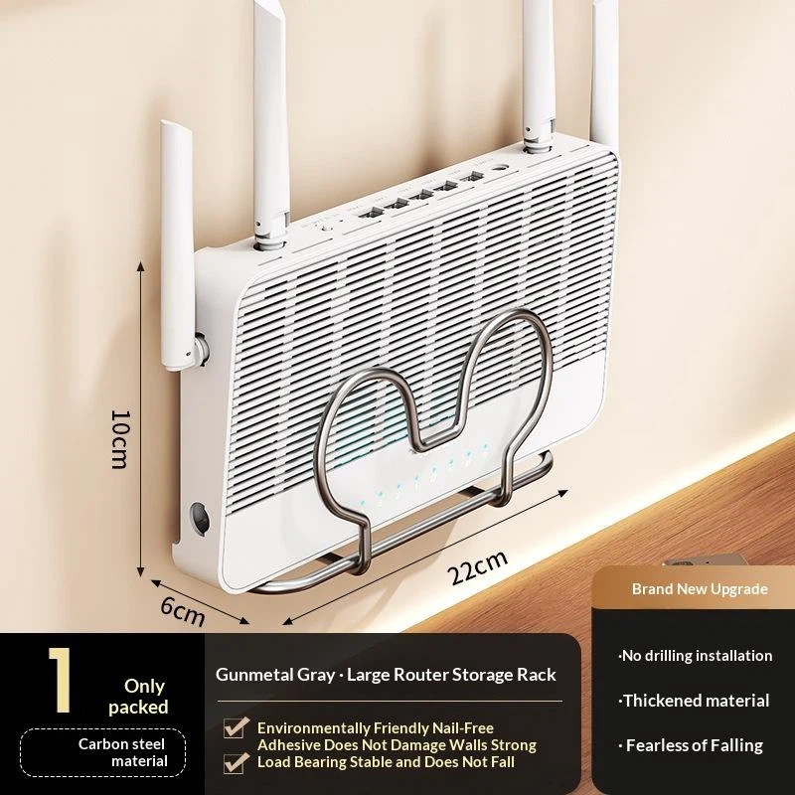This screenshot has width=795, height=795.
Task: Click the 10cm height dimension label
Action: [121, 439]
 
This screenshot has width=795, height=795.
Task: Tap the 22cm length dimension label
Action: [477, 566]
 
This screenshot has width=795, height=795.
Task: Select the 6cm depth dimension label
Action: [183, 611]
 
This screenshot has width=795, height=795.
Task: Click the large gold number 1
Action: [60, 680]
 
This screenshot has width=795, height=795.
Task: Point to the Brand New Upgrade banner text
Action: [700, 589]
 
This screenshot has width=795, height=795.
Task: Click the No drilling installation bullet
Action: [695, 656]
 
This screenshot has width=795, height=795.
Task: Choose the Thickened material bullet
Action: [694, 701]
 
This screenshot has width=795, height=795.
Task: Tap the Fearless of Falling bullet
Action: [691, 745]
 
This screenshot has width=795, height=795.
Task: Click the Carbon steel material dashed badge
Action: [103, 752]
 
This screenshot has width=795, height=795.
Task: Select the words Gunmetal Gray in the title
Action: [275, 675]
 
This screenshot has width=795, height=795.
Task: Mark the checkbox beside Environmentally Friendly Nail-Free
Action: [236, 727]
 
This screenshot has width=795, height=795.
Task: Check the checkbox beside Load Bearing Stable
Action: [236, 762]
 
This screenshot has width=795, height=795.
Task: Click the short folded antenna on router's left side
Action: [178, 246]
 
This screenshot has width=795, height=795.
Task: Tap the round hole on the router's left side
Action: [201, 518]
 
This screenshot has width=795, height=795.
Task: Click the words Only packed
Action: [138, 697]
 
